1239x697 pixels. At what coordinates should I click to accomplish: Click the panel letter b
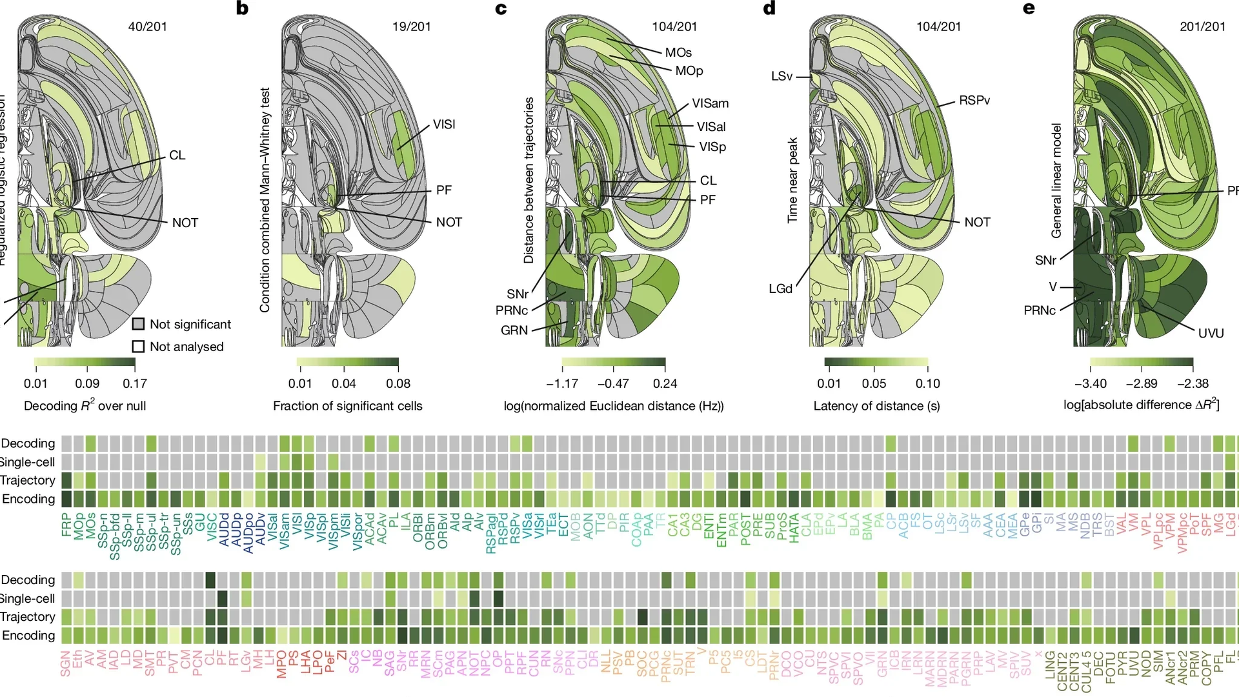242,8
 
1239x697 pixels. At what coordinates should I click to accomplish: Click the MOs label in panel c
678,52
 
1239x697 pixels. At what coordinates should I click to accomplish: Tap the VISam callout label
710,103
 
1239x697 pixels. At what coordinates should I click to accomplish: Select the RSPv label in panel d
974,100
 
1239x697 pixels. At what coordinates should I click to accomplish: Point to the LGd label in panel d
780,288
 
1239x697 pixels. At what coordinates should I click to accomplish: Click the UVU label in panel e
1211,333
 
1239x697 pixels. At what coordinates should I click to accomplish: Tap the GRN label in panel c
514,330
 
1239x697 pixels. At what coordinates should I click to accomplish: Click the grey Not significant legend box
138,324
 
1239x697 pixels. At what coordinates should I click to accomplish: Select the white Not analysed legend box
138,347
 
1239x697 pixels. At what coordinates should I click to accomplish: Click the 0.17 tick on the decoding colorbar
135,383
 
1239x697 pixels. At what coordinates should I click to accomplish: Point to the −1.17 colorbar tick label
562,383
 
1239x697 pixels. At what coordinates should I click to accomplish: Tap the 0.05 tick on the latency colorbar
874,383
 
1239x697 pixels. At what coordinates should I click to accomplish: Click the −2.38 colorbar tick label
1193,383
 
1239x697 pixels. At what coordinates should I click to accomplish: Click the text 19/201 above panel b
411,26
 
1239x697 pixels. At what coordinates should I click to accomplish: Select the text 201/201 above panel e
1202,26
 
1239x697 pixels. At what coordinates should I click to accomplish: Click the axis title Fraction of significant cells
347,405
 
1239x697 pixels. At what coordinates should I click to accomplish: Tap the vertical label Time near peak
792,180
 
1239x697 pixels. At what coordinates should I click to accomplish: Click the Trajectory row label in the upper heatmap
28,480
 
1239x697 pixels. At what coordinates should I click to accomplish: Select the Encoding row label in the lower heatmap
28,635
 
